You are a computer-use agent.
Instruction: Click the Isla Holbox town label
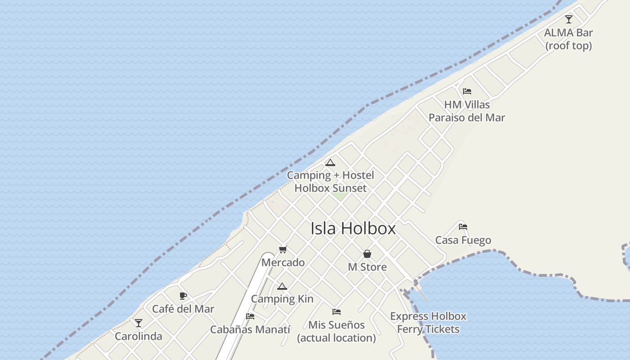coord(353,229)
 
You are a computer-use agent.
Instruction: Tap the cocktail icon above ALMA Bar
coord(569,19)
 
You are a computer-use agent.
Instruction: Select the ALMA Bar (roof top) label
coord(568,39)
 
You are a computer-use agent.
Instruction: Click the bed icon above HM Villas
coord(467,91)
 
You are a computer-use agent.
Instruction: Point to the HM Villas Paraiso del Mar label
coord(467,111)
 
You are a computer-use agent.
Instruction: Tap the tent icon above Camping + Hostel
coord(330,162)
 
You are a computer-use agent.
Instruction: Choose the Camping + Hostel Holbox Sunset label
coord(330,182)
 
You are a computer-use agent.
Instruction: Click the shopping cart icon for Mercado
coord(283,249)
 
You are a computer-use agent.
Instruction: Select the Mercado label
coord(283,262)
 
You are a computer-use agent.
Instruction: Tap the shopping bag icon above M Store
coord(367,254)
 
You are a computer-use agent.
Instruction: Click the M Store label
coord(367,267)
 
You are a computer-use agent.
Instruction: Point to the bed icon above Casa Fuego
coord(463,227)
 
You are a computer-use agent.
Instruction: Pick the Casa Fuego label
coord(463,240)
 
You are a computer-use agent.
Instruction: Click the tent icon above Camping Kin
coord(282,286)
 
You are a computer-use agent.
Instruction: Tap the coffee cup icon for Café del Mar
coord(183,296)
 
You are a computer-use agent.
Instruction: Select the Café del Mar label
coord(183,309)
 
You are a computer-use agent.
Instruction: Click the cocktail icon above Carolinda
coord(139,323)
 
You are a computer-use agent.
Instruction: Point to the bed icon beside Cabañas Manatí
coord(250,316)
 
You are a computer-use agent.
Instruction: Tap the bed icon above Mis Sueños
coord(337,311)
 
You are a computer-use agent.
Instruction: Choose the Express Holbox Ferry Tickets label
coord(428,323)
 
